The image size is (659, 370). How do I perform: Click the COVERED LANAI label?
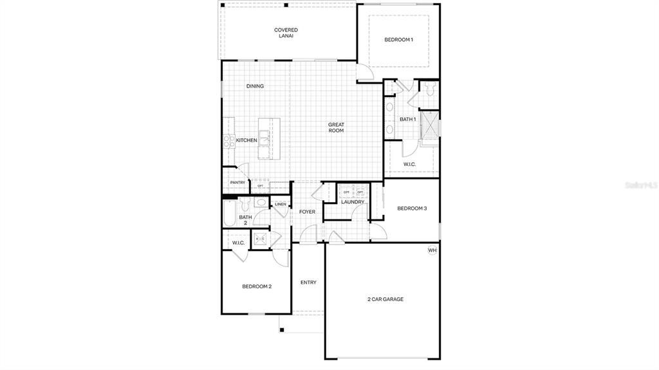pos(286,33)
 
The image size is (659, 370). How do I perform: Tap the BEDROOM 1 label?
pos(398,40)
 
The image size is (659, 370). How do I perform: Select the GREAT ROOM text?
pos(336,127)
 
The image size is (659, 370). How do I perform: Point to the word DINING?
pos(255,86)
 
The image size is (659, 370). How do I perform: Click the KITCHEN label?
pos(246,140)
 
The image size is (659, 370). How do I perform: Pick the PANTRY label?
pos(237,183)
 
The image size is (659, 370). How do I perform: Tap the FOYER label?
pos(307,212)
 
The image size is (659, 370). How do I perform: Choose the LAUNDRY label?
pos(353,202)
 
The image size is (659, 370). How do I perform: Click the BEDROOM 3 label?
pos(412,208)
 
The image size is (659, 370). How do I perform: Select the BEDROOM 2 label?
pos(257,286)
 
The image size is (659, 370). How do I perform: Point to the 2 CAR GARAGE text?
pos(385,299)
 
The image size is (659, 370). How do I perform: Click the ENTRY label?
pos(308,282)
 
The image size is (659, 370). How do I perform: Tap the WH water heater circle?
pos(432,250)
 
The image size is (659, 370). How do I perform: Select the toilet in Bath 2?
pos(245,205)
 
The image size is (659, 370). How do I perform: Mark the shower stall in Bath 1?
pos(429,125)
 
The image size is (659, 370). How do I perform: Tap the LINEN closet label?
pos(280,205)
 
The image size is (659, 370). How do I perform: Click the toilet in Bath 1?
pos(429,88)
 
